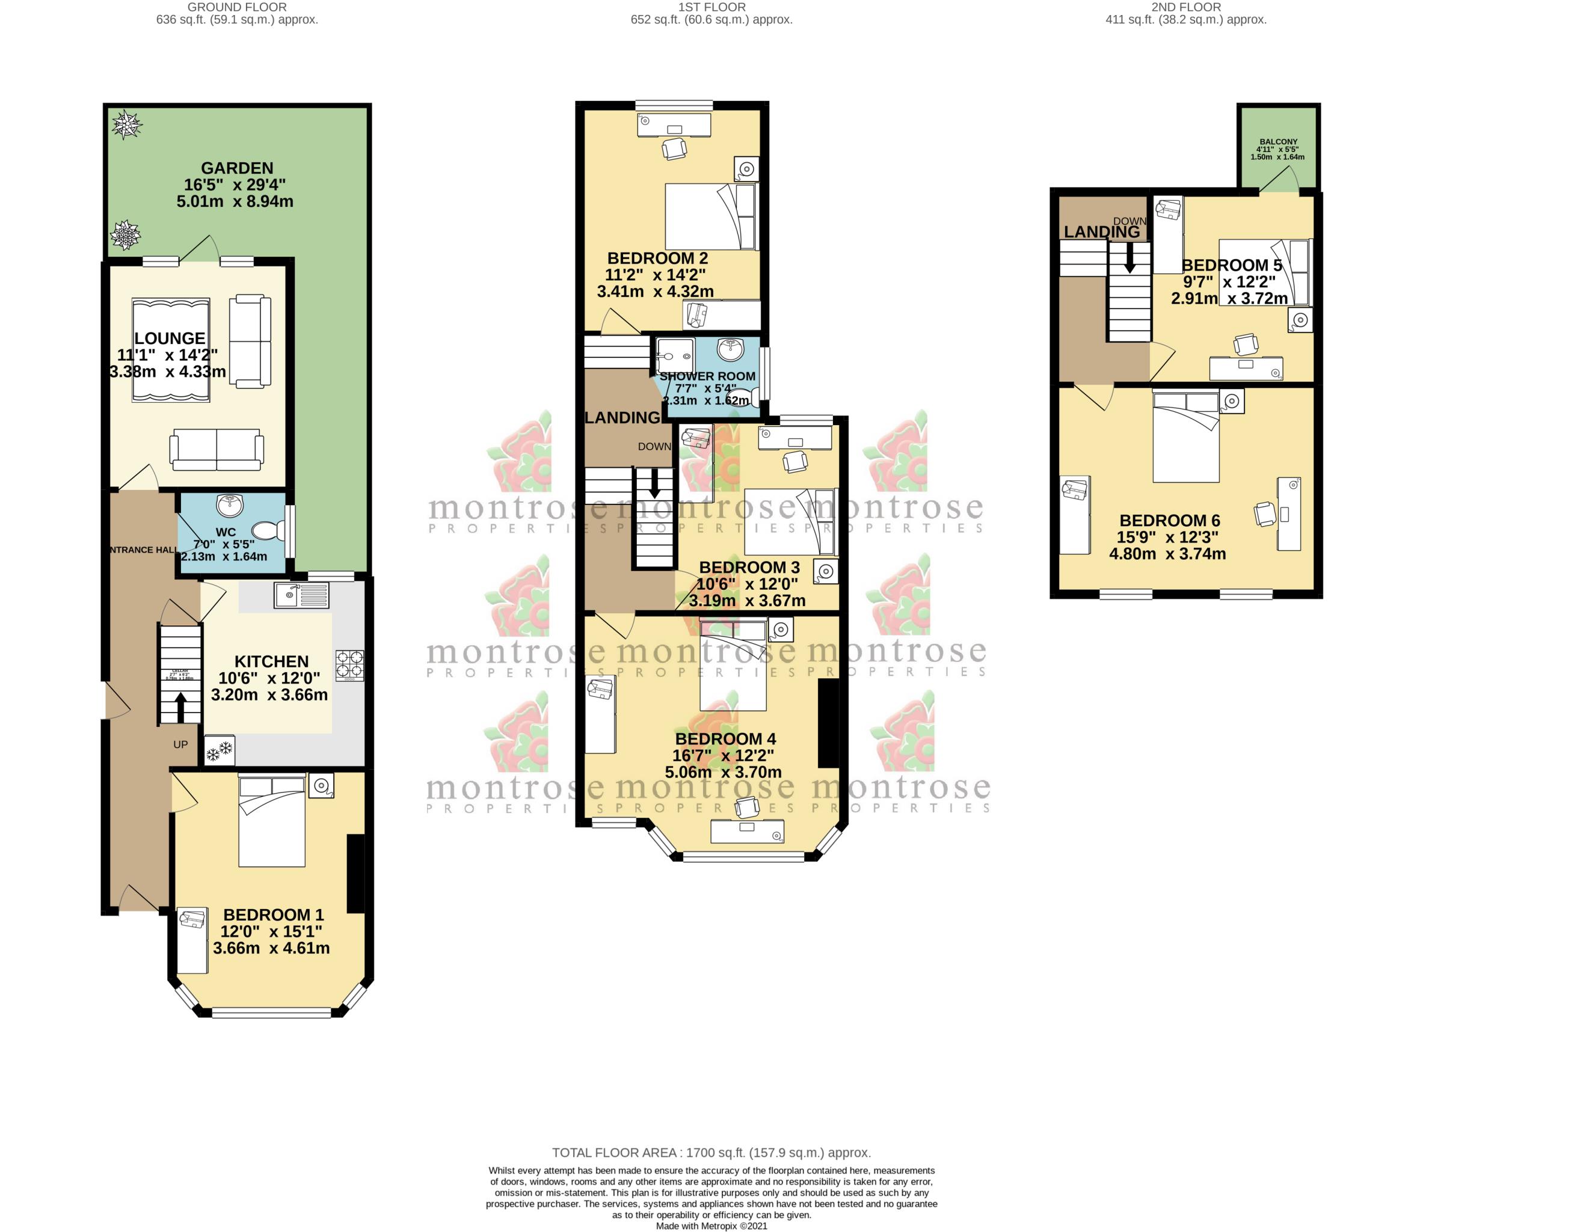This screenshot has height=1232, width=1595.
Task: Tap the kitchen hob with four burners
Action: pos(349,665)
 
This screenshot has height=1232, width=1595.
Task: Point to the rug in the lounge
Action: pos(171,350)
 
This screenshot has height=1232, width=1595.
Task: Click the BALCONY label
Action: pos(1278,142)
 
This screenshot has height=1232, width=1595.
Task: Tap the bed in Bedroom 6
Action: pos(1185,437)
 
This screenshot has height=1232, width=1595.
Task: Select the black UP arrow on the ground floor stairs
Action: pos(180,706)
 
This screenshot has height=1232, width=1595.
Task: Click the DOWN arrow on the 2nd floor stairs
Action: pos(1129,258)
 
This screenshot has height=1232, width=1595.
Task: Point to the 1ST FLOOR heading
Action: pos(711,7)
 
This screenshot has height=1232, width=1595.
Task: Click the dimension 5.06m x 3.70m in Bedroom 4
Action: pos(723,772)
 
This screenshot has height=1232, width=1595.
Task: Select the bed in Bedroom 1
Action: pos(272,821)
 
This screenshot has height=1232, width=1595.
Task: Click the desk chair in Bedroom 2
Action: pos(674,149)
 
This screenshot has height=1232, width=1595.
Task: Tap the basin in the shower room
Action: pos(730,350)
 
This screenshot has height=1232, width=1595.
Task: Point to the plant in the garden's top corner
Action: pos(126,124)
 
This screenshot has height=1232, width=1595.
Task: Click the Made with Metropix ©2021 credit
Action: pos(711,1225)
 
